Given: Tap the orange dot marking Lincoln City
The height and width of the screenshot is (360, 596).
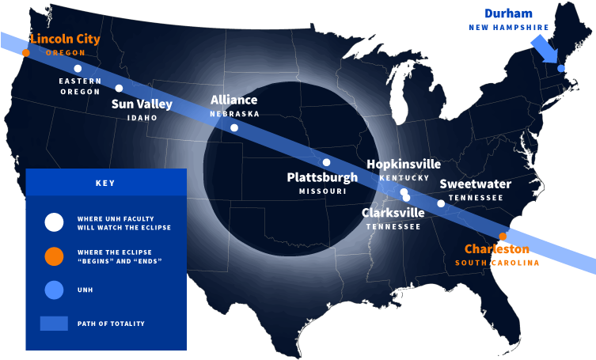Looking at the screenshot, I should point(25,53).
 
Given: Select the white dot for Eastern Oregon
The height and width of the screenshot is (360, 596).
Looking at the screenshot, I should point(78,69).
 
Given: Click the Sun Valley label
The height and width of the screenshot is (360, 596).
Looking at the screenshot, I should point(142,104).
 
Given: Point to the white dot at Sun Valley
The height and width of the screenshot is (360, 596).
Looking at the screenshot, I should point(119,89).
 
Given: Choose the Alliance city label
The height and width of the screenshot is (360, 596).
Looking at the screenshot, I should point(233,100).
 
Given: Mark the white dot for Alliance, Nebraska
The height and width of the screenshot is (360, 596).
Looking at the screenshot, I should point(234,127).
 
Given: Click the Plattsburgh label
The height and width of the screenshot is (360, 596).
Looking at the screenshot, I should point(322,177).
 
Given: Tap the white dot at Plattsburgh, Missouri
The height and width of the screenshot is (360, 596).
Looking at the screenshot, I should point(326,162).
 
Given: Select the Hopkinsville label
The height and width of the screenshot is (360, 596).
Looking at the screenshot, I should point(404,165).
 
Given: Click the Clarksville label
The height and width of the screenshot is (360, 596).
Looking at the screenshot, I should point(393,212).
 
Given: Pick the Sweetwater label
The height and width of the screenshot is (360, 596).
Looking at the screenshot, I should point(476,184).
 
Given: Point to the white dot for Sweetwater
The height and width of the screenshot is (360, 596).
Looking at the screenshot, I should point(441,203).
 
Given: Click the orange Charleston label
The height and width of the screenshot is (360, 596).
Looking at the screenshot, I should point(497,248).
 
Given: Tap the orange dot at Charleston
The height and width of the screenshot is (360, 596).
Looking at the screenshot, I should point(503,236).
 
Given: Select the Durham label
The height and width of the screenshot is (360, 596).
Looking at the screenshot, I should point(508,14).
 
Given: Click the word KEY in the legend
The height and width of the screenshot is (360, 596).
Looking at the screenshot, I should point(105,183).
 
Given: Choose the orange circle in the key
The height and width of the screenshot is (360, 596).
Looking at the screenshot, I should point(54,256).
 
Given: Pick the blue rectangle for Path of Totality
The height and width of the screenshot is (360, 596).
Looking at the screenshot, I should point(54,323).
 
